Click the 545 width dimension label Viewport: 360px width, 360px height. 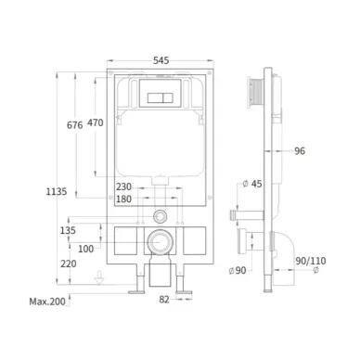tap(161, 60)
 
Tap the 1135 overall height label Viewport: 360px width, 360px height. tap(57, 192)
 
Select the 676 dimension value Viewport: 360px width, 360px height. tap(75, 125)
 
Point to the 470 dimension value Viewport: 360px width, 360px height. tap(96, 122)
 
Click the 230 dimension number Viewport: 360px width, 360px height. tap(123, 186)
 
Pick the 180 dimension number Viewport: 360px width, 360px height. tap(123, 199)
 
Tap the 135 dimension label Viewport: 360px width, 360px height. tap(68, 230)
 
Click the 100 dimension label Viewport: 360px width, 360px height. tap(85, 249)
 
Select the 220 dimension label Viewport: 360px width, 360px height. tap(69, 264)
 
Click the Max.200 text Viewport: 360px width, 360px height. tap(47, 302)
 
